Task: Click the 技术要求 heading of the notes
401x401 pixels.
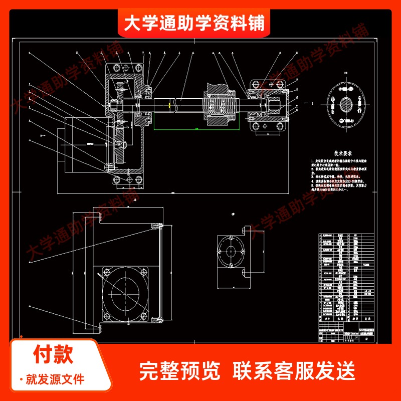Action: (334, 153)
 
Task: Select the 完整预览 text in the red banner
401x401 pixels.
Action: (179, 371)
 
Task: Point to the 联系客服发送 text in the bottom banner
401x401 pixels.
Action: (294, 371)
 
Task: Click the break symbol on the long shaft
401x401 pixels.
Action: (173, 105)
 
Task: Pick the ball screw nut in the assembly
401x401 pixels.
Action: (219, 105)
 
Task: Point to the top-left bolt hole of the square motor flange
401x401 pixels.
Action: (106, 273)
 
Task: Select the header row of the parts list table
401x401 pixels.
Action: (346, 317)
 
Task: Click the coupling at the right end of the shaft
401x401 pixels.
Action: (275, 105)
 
